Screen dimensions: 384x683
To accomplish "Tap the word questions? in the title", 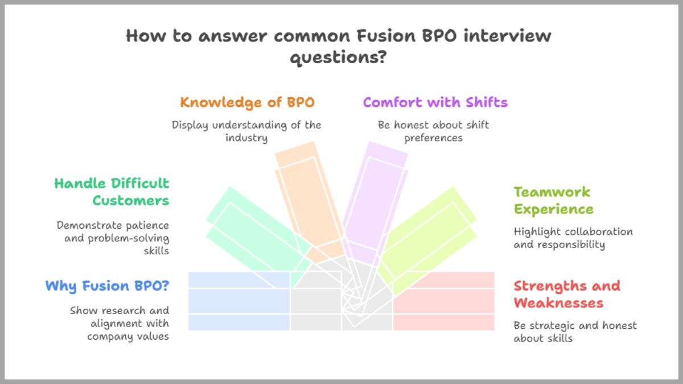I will click(339, 57).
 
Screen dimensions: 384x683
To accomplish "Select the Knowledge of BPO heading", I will click(247, 102).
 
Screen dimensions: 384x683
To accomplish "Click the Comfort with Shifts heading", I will click(435, 102).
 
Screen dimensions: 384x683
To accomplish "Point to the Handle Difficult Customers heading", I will click(112, 192).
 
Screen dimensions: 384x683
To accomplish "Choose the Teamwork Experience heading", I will click(553, 200).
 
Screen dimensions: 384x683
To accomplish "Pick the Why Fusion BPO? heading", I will click(107, 286).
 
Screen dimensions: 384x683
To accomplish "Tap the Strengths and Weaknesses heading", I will click(567, 294).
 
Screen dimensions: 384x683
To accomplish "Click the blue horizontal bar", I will click(239, 301).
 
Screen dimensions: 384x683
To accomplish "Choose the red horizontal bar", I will click(444, 301).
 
